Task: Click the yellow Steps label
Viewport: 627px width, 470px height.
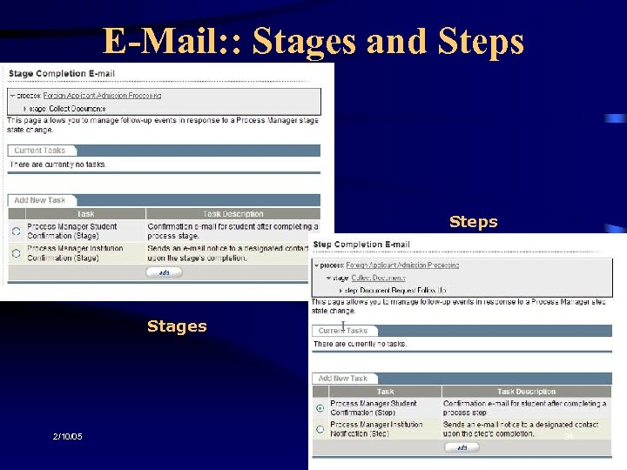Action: tap(473, 221)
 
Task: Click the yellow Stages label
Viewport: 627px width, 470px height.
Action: tap(177, 326)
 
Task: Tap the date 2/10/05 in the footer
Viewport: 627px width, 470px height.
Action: tap(66, 436)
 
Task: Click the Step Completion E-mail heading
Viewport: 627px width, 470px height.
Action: tap(361, 245)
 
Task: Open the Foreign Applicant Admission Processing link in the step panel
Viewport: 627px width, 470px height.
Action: tap(401, 265)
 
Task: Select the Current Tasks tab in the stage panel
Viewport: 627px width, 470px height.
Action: tap(40, 151)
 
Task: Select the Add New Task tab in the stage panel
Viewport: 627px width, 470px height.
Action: tap(39, 200)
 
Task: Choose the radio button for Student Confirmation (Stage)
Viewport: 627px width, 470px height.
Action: tap(17, 231)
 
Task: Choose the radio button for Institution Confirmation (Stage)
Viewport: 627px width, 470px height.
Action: tap(17, 252)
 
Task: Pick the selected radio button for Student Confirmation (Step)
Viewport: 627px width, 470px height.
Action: tap(320, 407)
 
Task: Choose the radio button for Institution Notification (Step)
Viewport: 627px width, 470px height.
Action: tap(320, 429)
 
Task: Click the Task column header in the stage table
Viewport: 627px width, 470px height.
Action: tap(85, 213)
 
